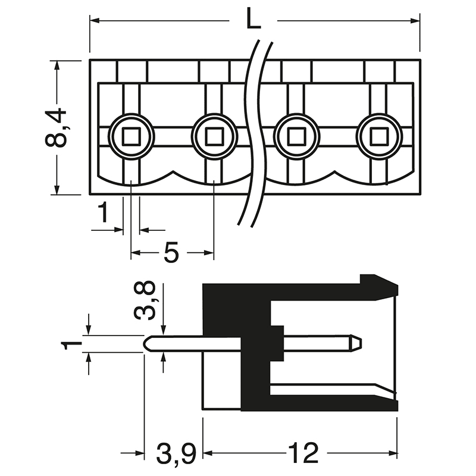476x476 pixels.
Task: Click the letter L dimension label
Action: (253, 21)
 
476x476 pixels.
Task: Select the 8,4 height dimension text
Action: (57, 128)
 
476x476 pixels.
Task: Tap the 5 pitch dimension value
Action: (171, 253)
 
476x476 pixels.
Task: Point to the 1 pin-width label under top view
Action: (104, 212)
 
